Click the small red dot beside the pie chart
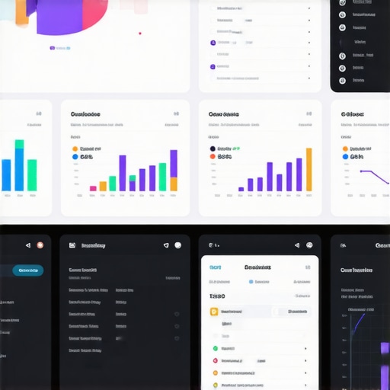pyautogui.click(x=139, y=33)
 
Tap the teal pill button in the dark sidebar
pyautogui.click(x=29, y=270)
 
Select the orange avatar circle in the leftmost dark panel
pyautogui.click(x=40, y=245)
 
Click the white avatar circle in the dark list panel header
pyautogui.click(x=177, y=245)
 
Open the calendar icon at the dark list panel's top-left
pyautogui.click(x=72, y=245)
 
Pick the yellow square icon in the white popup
pyautogui.click(x=214, y=312)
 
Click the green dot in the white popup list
pyautogui.click(x=216, y=348)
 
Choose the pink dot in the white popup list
pyautogui.click(x=216, y=360)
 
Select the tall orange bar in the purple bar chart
pyautogui.click(x=308, y=169)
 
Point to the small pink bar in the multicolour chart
pyautogui.click(x=93, y=187)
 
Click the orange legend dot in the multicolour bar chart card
pyautogui.click(x=75, y=149)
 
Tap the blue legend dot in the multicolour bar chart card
pyautogui.click(x=75, y=157)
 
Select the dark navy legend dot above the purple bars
pyautogui.click(x=212, y=149)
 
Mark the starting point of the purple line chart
pyautogui.click(x=361, y=171)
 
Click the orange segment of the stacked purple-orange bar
pyautogui.click(x=174, y=184)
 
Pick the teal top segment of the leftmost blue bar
pyautogui.click(x=19, y=144)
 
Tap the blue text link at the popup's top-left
pyautogui.click(x=216, y=267)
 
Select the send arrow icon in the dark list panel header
pyautogui.click(x=165, y=245)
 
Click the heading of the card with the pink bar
pyautogui.click(x=85, y=114)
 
